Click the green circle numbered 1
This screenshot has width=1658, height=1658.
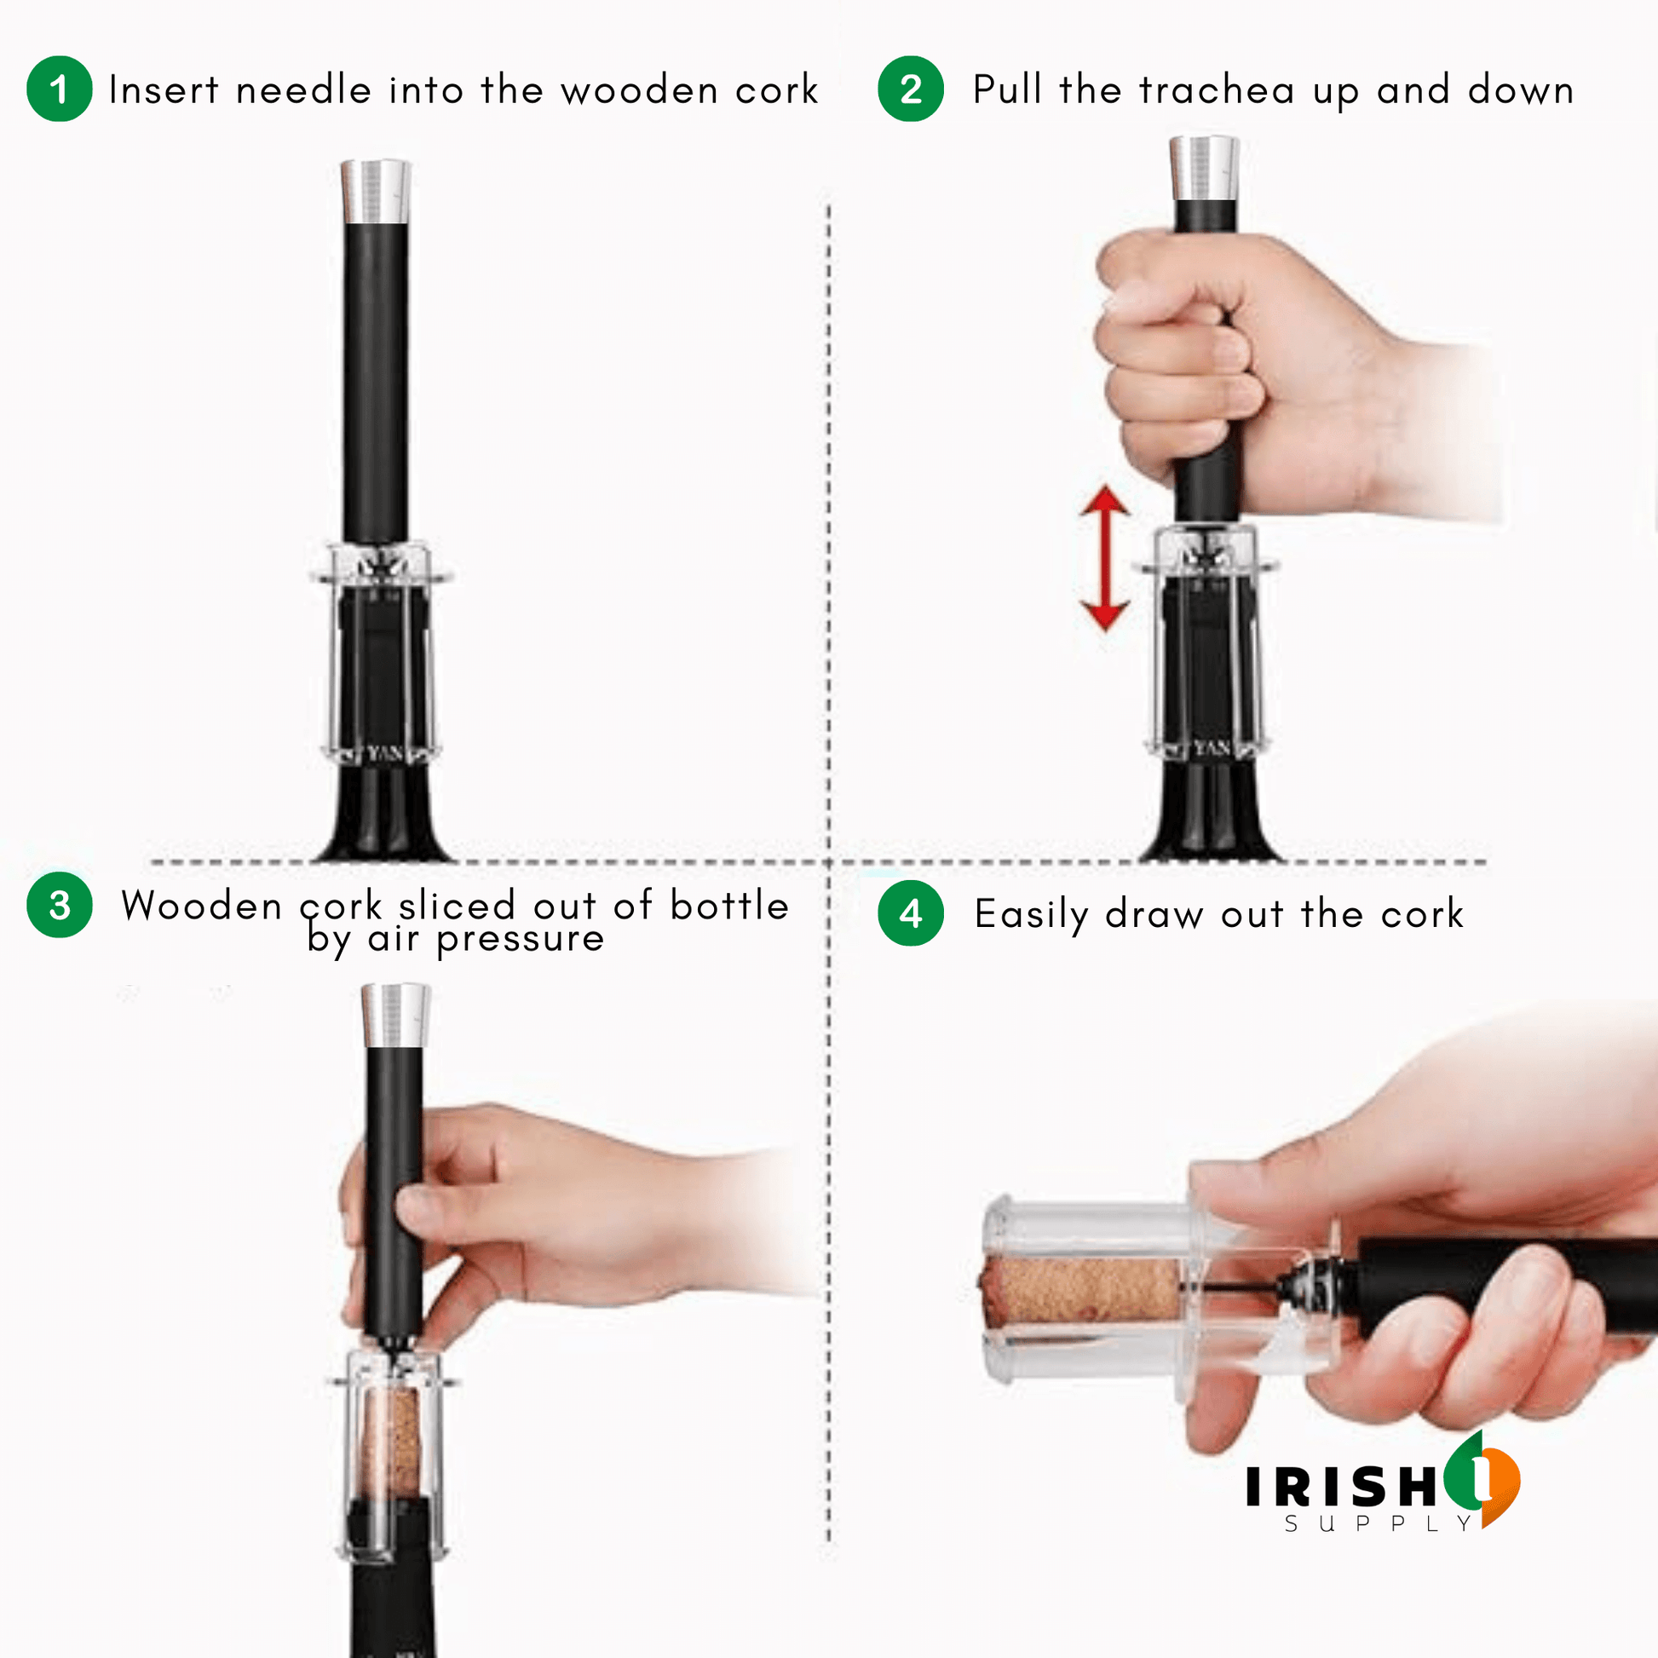coord(60,89)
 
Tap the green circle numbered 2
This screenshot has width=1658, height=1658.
coord(911,89)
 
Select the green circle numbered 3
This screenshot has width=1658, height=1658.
coord(60,906)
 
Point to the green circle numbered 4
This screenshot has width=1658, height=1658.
coord(911,914)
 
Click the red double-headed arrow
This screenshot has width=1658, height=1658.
coord(1104,559)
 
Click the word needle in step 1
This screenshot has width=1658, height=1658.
coord(303,90)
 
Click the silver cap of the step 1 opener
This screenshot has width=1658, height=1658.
coord(376,192)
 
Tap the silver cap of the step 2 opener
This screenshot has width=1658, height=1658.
coord(1204,168)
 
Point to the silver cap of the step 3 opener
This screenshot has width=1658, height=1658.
coord(395,1016)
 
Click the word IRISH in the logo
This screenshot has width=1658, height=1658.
coord(1341,1487)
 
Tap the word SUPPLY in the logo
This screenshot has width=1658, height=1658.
coord(1379,1524)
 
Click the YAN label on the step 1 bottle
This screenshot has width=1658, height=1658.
coord(385,753)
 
